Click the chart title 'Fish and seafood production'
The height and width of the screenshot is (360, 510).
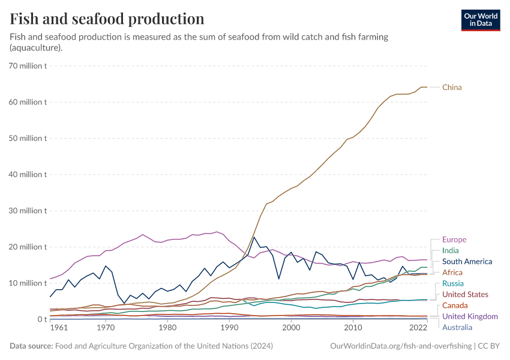click(x=107, y=19)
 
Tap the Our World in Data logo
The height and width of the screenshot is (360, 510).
click(x=480, y=19)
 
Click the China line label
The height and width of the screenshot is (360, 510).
click(x=452, y=88)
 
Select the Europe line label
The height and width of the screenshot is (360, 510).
click(x=454, y=240)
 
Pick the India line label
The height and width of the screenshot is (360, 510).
click(x=451, y=251)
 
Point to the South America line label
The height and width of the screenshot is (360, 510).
click(x=467, y=262)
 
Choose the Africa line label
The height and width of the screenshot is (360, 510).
click(x=452, y=272)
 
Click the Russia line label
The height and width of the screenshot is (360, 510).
click(x=452, y=283)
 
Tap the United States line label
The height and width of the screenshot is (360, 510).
click(x=466, y=295)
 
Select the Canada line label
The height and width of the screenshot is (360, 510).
click(x=455, y=305)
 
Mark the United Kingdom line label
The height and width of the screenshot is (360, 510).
click(x=470, y=316)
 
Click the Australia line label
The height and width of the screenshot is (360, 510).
click(x=457, y=328)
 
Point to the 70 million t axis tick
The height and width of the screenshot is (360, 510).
click(x=28, y=66)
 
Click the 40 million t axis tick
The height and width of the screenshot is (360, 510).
click(x=28, y=175)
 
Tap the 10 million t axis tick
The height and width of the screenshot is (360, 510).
click(x=28, y=283)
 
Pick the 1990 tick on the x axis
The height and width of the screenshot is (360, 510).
click(x=229, y=328)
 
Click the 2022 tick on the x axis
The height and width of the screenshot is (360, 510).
click(x=418, y=328)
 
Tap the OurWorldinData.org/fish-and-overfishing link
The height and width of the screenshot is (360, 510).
click(x=400, y=346)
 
